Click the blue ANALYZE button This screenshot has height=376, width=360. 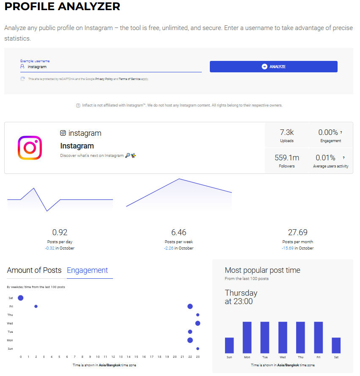click(273, 66)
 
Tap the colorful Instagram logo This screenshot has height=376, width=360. click(30, 148)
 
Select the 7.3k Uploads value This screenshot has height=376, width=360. click(287, 132)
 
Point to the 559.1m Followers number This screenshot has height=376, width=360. click(287, 158)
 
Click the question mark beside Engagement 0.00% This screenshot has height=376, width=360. click(341, 132)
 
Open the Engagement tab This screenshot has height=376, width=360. click(88, 270)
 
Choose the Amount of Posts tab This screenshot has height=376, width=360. click(34, 270)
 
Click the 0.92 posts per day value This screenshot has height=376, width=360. click(60, 232)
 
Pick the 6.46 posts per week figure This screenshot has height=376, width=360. click(179, 232)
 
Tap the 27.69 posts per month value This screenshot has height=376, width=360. click(298, 232)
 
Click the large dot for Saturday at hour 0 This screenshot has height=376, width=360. click(20, 298)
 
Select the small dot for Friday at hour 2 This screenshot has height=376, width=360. click(36, 306)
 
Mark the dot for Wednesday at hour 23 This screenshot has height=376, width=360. click(198, 323)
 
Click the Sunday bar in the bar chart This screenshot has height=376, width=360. click(229, 345)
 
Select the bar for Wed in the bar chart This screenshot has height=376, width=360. click(283, 338)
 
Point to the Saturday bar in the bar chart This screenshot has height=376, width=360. click(336, 345)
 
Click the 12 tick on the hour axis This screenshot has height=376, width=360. click(113, 357)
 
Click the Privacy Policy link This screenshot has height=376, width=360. click(104, 79)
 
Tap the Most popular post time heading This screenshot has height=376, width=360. click(262, 270)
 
